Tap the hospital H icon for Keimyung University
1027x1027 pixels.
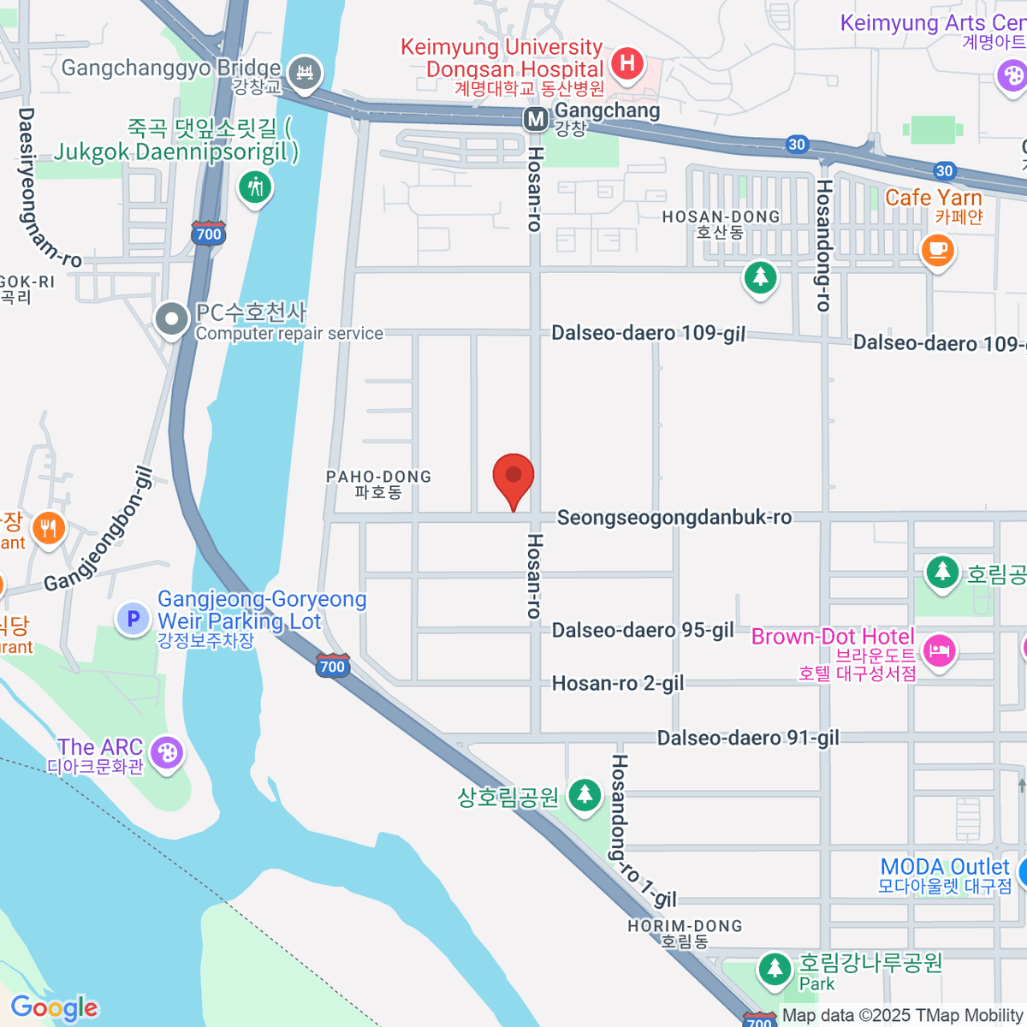[x=627, y=62]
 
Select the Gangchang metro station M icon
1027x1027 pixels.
[x=536, y=119]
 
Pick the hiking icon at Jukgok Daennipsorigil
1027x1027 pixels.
[x=254, y=186]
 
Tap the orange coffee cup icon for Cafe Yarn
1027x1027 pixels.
[x=937, y=249]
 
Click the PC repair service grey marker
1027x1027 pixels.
[x=171, y=319]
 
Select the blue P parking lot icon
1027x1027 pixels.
[x=134, y=618]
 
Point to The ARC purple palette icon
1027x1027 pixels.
[x=166, y=753]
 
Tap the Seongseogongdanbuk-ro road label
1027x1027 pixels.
[x=674, y=517]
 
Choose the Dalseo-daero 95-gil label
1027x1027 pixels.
[x=643, y=631]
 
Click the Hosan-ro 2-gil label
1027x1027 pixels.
[x=618, y=683]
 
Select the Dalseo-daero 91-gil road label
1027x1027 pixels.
[x=748, y=738]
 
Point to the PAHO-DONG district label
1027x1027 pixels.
[x=378, y=484]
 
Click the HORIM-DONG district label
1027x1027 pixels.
[x=685, y=933]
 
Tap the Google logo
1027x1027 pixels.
[x=55, y=1008]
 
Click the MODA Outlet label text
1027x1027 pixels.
[x=945, y=867]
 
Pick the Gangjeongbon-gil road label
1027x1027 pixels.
[x=99, y=531]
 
